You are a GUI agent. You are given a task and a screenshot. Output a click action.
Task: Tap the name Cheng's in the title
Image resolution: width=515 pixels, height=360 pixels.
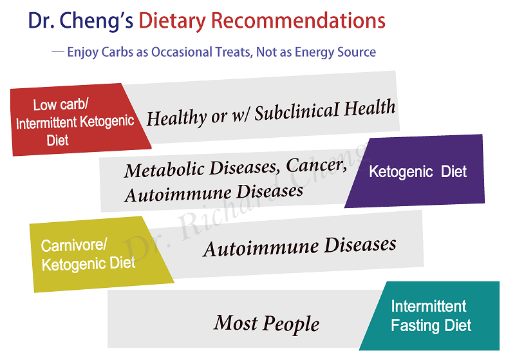click(96, 21)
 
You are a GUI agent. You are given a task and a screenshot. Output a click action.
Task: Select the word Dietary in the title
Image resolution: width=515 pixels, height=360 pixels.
click(172, 21)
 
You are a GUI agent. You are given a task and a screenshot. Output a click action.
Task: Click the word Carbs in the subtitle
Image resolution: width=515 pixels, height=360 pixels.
click(117, 52)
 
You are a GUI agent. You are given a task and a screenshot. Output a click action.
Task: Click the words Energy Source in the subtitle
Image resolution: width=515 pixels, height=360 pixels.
click(335, 52)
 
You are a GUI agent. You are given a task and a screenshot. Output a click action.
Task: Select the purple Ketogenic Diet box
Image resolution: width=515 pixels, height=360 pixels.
click(415, 171)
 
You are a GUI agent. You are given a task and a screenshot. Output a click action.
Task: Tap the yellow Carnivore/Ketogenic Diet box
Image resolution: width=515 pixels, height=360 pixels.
click(98, 254)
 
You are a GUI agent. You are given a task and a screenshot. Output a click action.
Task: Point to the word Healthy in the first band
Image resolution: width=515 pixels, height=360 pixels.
click(176, 118)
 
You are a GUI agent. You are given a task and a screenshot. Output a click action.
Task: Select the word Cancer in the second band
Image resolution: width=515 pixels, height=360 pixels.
click(316, 165)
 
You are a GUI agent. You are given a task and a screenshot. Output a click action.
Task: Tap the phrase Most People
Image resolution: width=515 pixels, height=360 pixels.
click(267, 323)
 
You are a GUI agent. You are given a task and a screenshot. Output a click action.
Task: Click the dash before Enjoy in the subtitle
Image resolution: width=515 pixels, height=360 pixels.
click(58, 52)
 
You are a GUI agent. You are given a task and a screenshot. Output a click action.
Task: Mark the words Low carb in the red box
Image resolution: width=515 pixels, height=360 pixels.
click(61, 105)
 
